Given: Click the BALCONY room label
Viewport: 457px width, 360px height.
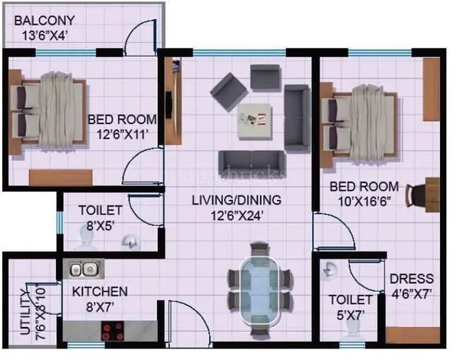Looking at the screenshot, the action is pos(44,21).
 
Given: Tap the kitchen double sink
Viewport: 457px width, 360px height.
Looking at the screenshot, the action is pos(84,269).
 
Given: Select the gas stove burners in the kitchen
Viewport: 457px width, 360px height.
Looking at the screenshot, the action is pos(113,331).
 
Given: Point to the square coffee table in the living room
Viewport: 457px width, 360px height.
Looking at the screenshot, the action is pos(255,121).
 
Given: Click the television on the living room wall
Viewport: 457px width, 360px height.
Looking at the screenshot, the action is pos(169,105).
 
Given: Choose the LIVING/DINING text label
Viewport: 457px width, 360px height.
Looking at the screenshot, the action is pos(236,200).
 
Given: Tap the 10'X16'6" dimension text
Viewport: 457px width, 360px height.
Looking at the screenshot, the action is pos(364,201).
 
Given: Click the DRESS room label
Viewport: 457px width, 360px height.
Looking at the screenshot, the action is pos(412,279).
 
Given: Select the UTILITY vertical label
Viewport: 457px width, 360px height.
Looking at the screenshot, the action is pos(25,312).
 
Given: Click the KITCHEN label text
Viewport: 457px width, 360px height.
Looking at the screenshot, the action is pos(100,292).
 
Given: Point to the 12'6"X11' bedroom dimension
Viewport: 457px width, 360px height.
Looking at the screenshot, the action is pos(123,135).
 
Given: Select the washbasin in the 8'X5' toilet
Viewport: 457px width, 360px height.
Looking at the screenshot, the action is pos(131,241).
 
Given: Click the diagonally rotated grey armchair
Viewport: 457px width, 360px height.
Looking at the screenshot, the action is pos(229,92).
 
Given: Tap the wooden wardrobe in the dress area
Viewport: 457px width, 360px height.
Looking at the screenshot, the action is pos(413,335).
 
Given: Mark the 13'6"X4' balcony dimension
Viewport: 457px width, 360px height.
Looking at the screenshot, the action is pos(45,36).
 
